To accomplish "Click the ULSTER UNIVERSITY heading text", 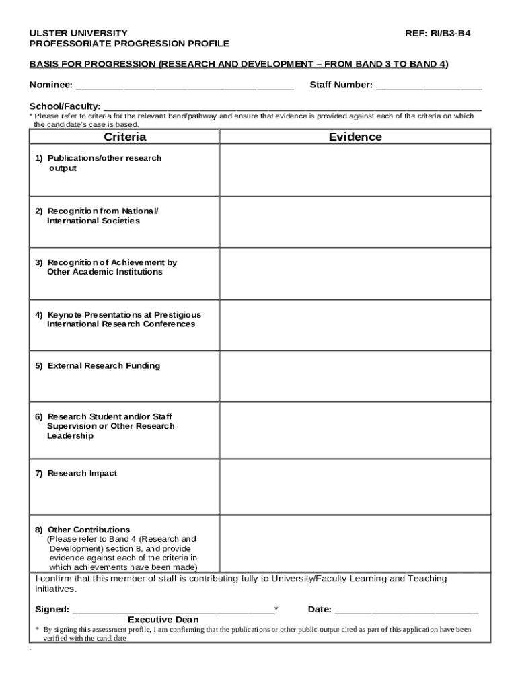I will pyautogui.click(x=78, y=32).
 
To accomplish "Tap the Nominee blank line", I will pyautogui.click(x=184, y=86).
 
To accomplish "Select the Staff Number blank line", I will pyautogui.click(x=429, y=86).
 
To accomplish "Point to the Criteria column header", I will pyautogui.click(x=124, y=137).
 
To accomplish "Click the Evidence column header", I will pyautogui.click(x=355, y=137).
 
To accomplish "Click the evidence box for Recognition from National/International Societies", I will pyautogui.click(x=355, y=221).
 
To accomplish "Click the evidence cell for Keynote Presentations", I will pyautogui.click(x=355, y=326).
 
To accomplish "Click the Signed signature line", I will pyautogui.click(x=173, y=611).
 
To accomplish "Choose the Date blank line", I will pyautogui.click(x=406, y=611).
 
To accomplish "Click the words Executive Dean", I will pyautogui.click(x=163, y=620).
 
